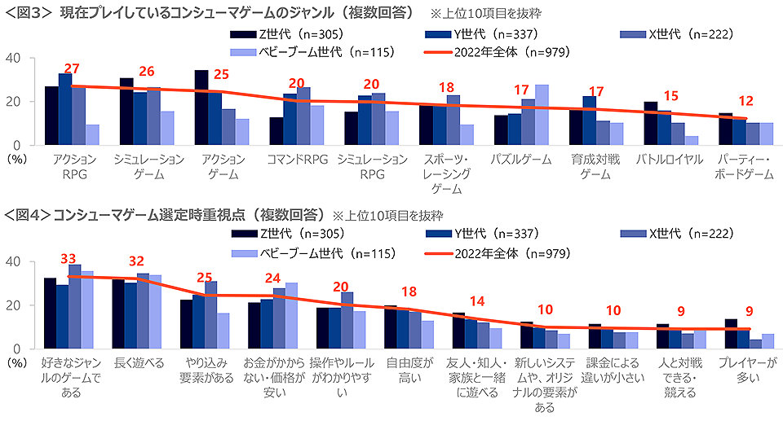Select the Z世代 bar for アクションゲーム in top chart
coord(201,107)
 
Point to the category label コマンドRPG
coord(298,160)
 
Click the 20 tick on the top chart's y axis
coord(14,102)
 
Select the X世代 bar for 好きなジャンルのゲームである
coord(75,306)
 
